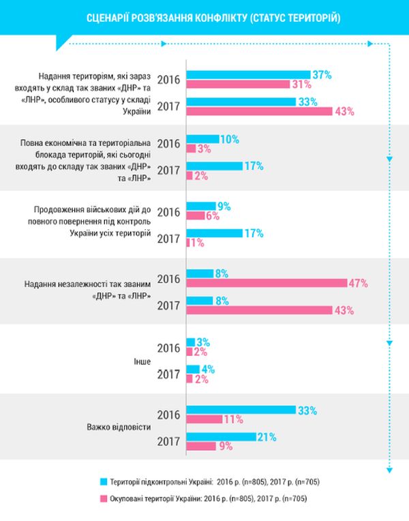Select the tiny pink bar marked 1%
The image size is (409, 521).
(x=187, y=243)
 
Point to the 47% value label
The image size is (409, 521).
(x=360, y=282)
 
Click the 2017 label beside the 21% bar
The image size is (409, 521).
(x=168, y=442)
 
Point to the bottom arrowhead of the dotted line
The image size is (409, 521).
(x=389, y=468)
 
